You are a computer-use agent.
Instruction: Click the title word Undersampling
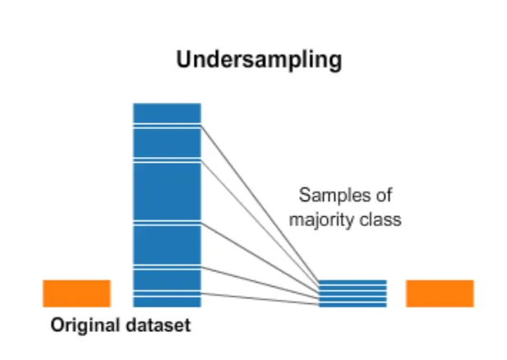pos(260,60)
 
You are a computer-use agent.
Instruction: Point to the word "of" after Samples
pos(385,196)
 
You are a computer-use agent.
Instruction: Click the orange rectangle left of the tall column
pos(76,293)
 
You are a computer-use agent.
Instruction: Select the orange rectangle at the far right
pos(440,293)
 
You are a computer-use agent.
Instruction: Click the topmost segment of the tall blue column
pos(167,113)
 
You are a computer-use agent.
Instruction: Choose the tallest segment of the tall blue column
pos(167,192)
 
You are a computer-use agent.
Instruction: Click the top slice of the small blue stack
pos(353,283)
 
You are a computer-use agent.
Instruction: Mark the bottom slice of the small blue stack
pos(353,304)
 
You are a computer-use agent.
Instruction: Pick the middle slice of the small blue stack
pos(353,293)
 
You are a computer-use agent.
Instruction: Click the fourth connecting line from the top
pos(259,280)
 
